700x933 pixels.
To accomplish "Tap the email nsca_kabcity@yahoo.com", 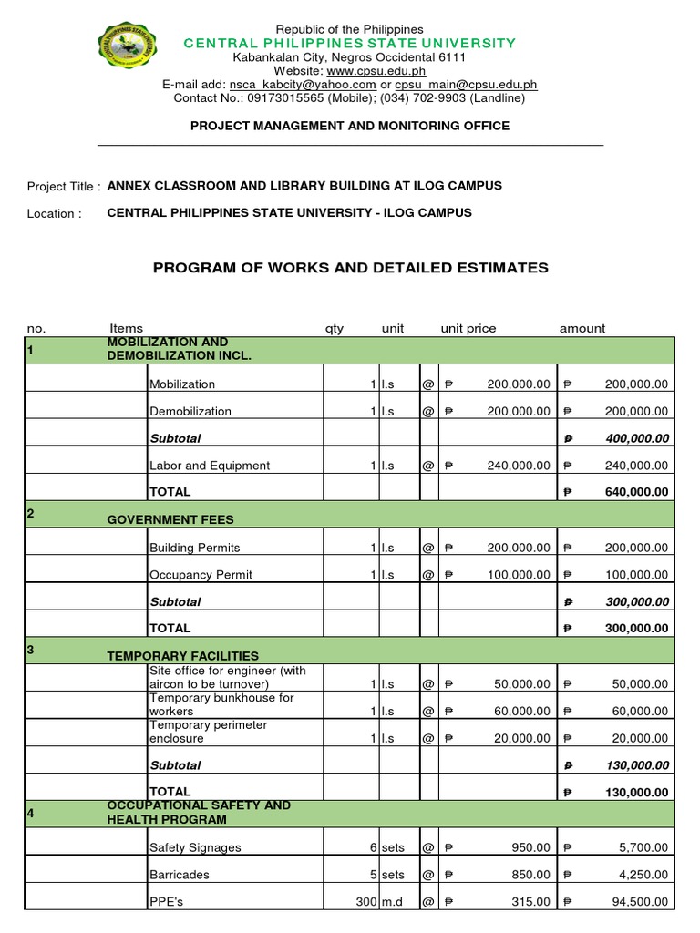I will (305, 85).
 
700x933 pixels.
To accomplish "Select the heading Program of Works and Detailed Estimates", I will (350, 268).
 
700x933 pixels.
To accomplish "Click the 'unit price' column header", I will (468, 329).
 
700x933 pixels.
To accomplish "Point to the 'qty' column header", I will (335, 329).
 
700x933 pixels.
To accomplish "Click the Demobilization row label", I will (190, 412).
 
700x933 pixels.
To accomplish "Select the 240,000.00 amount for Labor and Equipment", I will (636, 466).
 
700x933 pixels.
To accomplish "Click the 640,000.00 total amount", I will (636, 492).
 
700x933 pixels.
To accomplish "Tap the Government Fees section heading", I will (170, 519).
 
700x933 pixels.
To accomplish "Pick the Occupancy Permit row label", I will (201, 575).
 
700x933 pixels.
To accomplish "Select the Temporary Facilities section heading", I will (182, 656).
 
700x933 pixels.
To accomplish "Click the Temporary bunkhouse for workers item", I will (221, 704).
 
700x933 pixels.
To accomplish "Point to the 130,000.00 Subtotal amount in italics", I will (636, 765).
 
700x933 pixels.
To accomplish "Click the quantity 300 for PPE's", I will (359, 902).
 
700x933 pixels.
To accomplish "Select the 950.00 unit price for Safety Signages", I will (530, 847).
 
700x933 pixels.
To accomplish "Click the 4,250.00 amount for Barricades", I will (643, 875).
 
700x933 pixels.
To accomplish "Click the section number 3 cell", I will (31, 650).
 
